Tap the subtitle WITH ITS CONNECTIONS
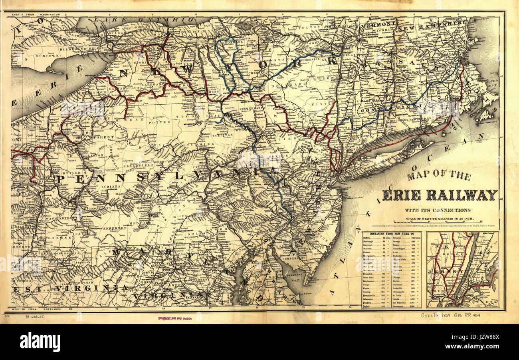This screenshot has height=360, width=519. [437, 210]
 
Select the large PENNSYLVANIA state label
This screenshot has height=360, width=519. [168, 177]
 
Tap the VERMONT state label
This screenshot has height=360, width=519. [377, 24]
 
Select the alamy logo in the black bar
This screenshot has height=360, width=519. [40, 342]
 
